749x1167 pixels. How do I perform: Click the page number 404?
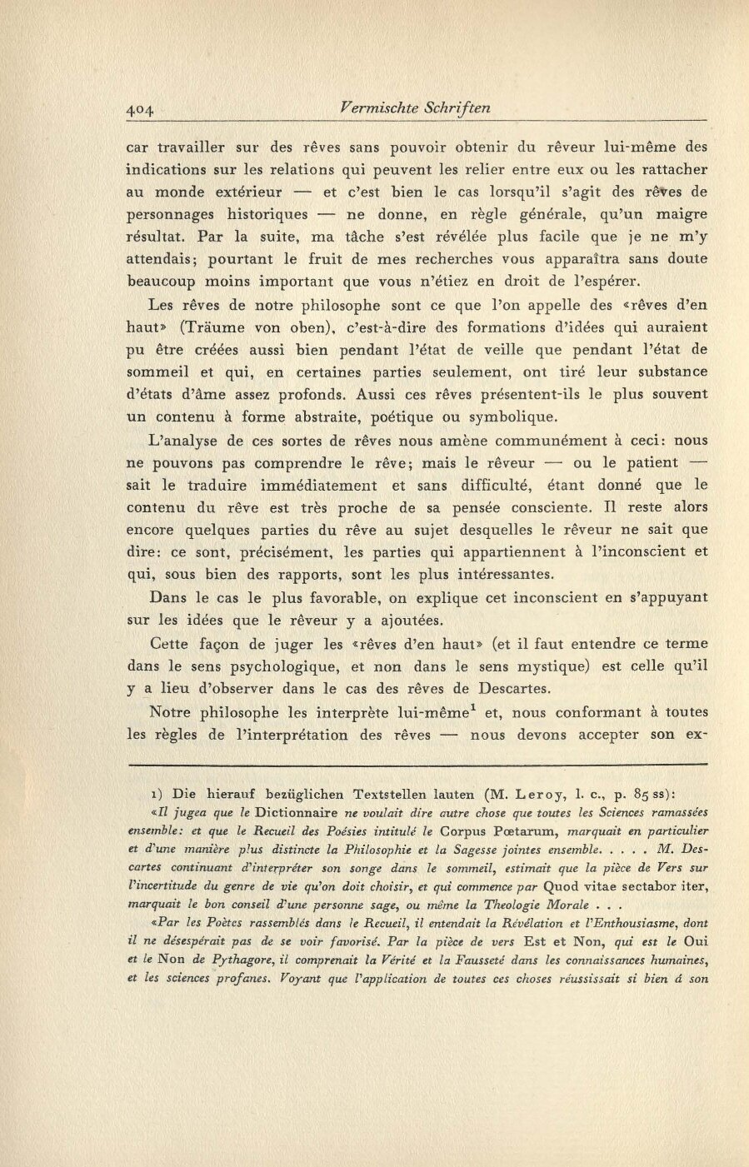(x=142, y=108)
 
